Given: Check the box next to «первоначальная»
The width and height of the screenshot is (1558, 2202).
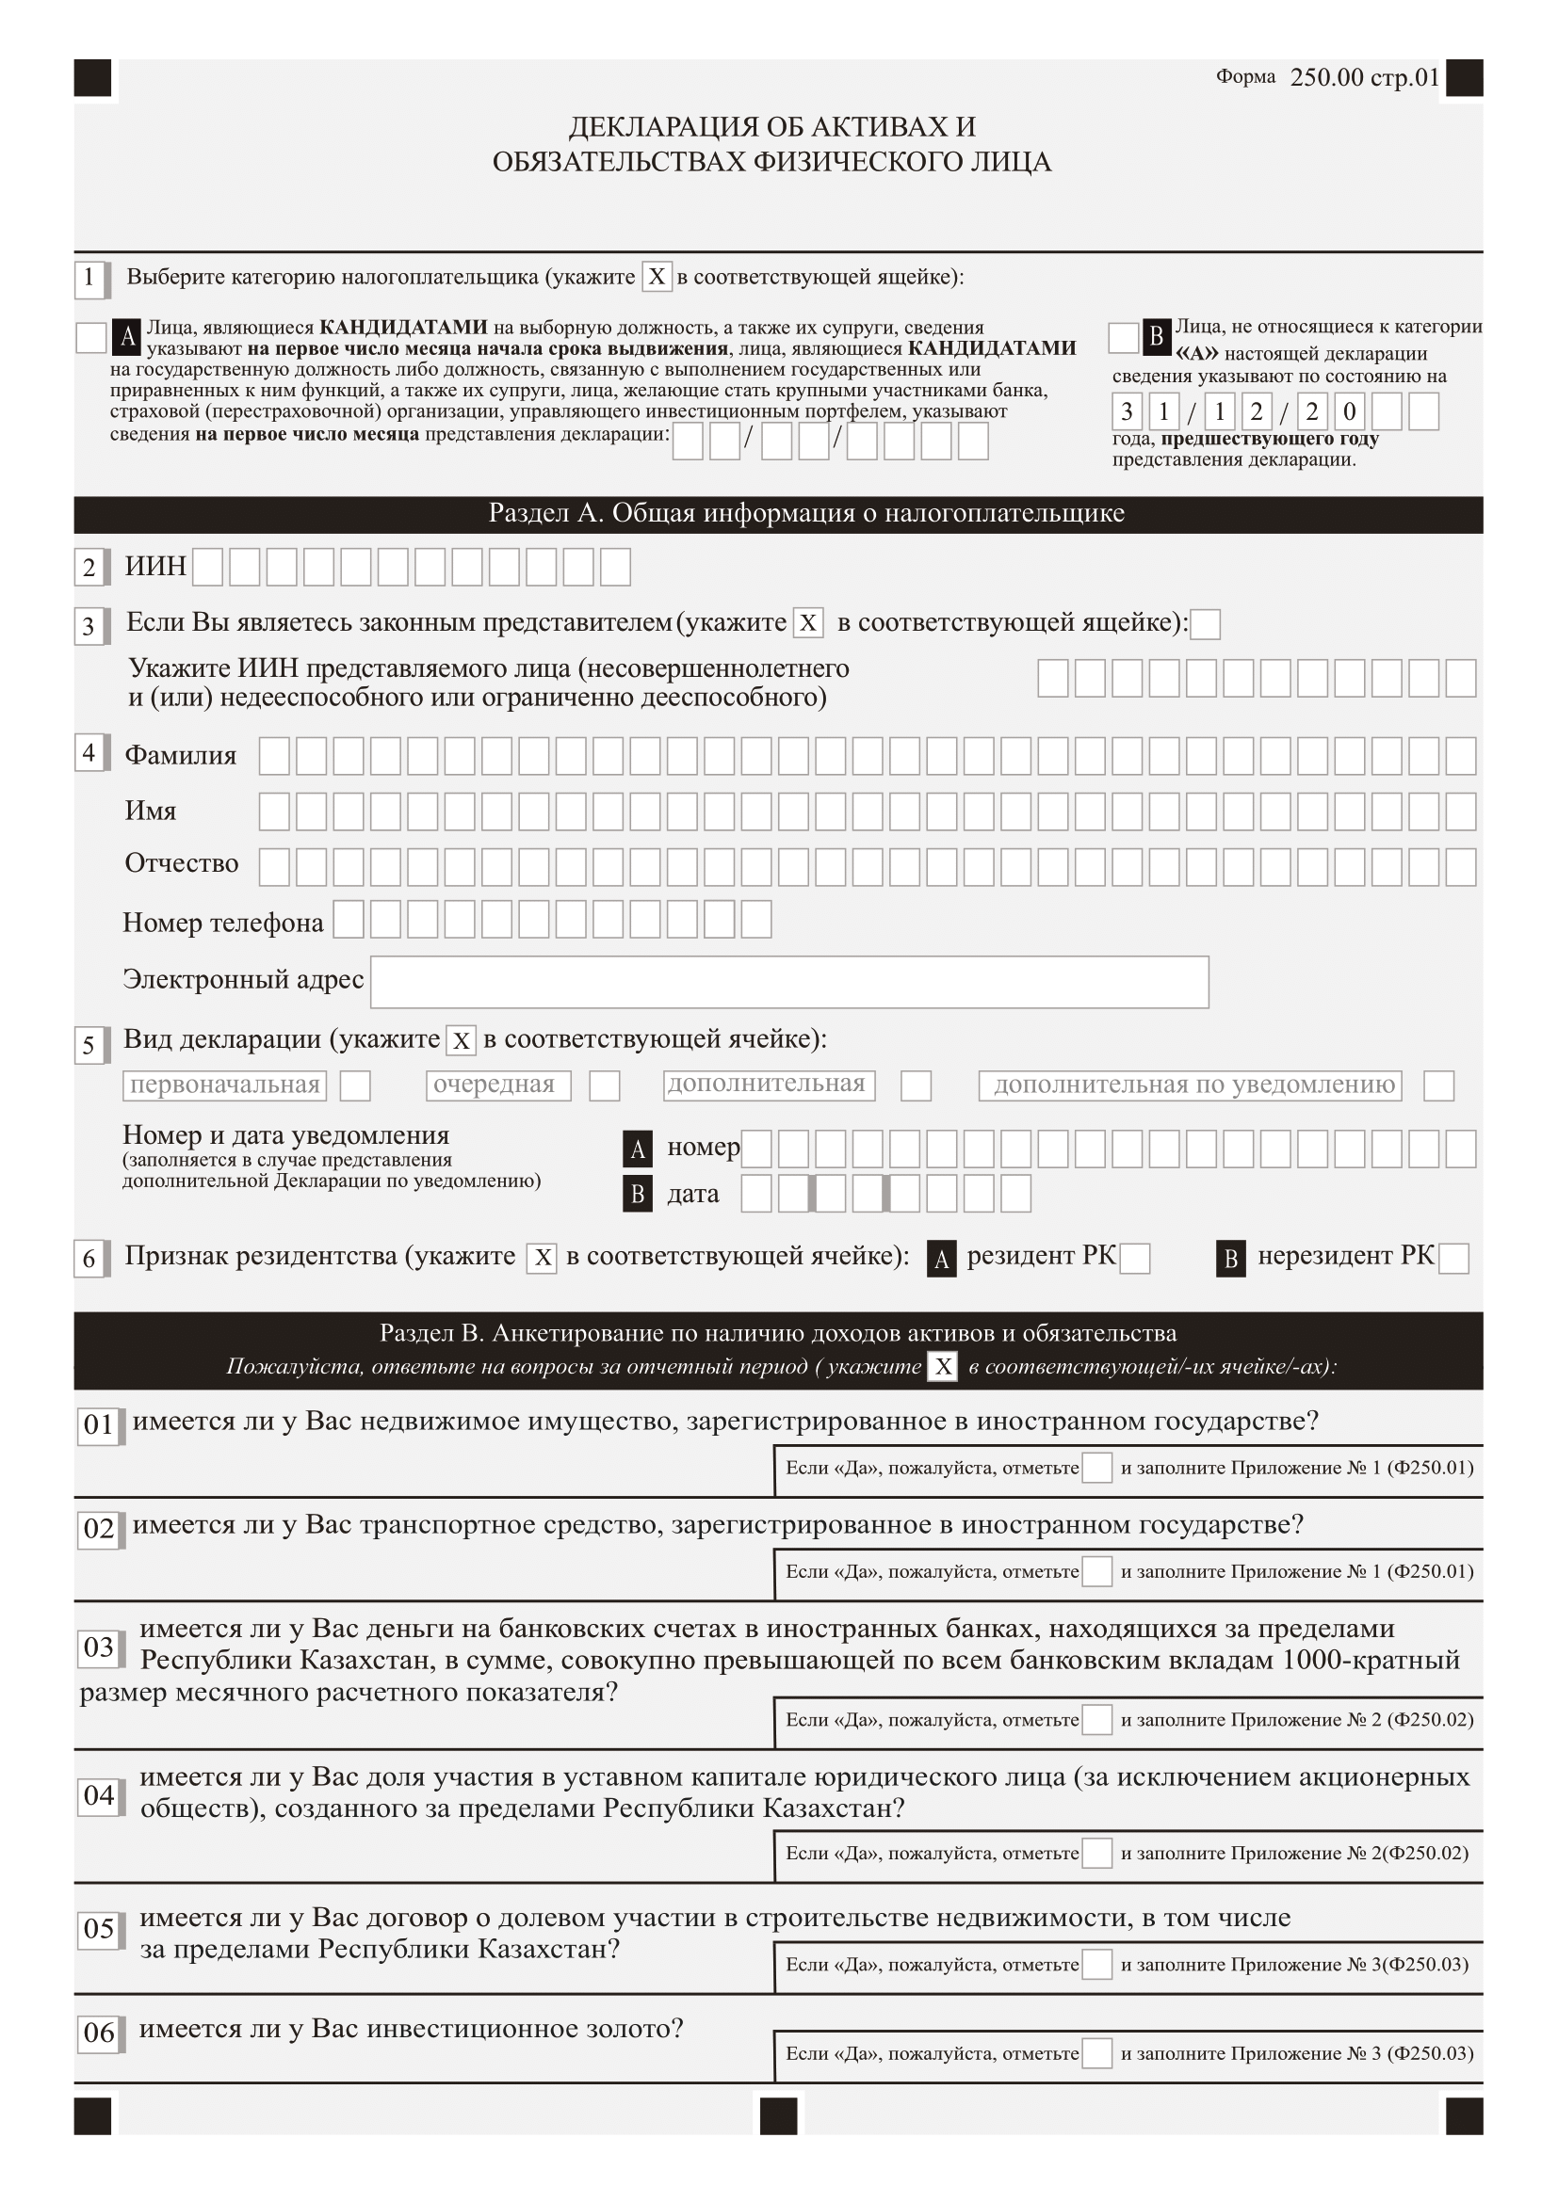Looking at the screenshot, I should coord(355,1085).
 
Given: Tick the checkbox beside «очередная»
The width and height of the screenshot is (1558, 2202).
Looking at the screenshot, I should coord(604,1085).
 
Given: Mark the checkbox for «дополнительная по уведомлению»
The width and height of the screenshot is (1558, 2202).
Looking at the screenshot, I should coord(1438,1085).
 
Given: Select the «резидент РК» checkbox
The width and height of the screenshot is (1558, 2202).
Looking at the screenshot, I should coord(1135,1259).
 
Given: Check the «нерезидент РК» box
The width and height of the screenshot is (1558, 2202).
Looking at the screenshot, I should coord(1453,1259).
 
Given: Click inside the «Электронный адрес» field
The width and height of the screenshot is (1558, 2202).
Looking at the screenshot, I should coord(788,981).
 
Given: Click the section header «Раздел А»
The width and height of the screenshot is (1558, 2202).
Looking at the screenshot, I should coord(806,513).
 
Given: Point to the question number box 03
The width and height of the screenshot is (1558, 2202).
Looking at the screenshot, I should coord(99,1647).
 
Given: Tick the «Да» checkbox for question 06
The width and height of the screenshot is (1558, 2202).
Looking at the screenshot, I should coord(1096,2052).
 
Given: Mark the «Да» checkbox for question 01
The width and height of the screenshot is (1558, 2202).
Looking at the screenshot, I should coord(1096,1468).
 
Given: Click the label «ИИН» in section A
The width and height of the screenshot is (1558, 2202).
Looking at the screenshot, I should coord(155,566).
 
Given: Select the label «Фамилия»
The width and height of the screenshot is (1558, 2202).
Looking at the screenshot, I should coord(180,756).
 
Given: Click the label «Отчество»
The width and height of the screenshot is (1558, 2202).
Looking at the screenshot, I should coord(181,863).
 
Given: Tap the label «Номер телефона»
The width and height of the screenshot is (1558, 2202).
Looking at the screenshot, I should coord(222,923).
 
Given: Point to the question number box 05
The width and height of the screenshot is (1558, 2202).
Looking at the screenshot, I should coord(99,1929).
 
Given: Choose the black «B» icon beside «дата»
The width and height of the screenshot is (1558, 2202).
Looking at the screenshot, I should coord(637,1194).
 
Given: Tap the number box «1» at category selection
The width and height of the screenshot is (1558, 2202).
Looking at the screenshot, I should coord(89,278).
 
